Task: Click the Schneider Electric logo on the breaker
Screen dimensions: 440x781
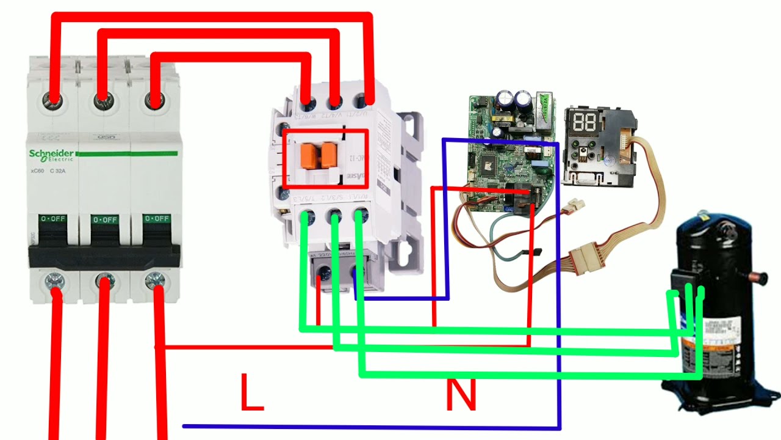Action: pyautogui.click(x=51, y=155)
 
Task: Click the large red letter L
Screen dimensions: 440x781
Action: pyautogui.click(x=251, y=392)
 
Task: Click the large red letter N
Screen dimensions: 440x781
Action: pyautogui.click(x=461, y=395)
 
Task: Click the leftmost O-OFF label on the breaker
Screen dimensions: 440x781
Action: pyautogui.click(x=53, y=219)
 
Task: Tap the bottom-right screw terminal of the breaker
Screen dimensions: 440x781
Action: pyautogui.click(x=156, y=280)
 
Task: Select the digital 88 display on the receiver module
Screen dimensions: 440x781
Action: pyautogui.click(x=584, y=122)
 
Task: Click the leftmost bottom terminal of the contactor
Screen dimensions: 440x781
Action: pyautogui.click(x=308, y=215)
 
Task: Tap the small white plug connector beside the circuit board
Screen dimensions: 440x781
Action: pyautogui.click(x=574, y=207)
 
